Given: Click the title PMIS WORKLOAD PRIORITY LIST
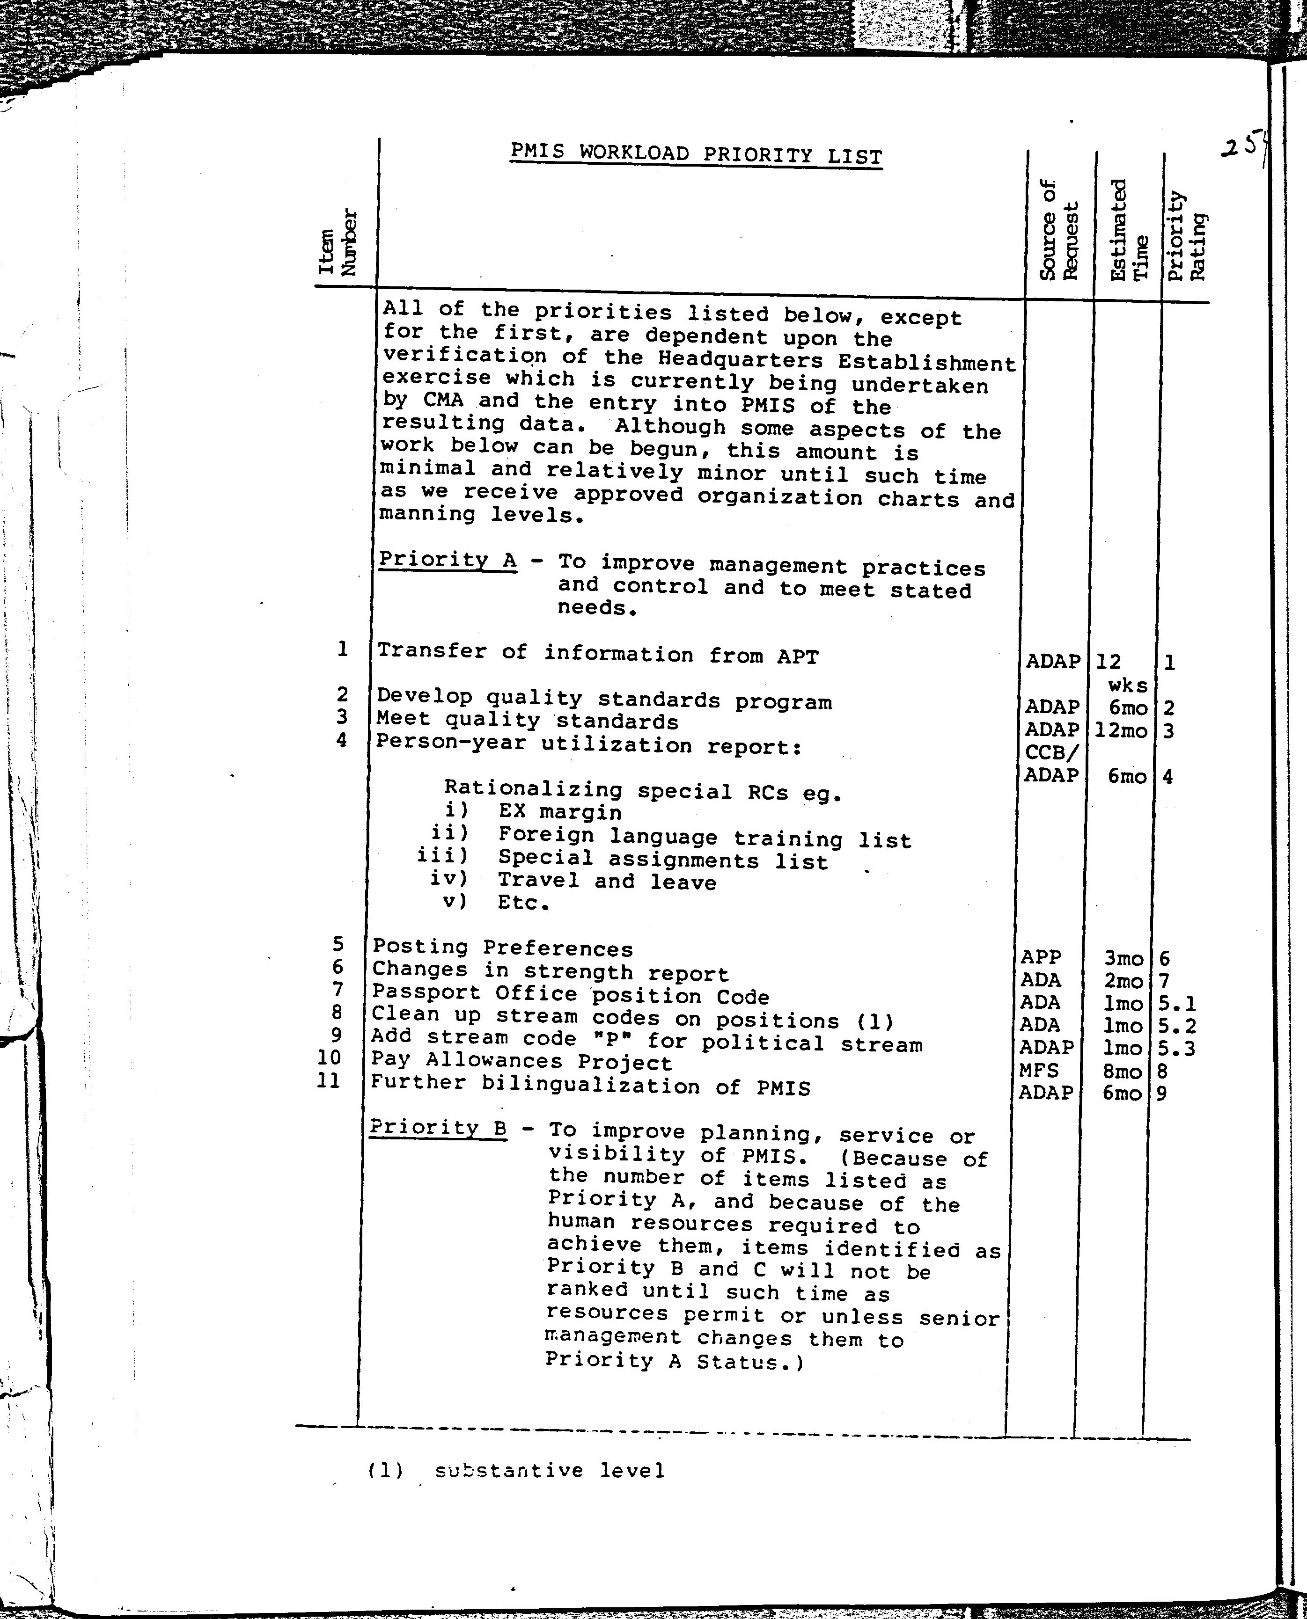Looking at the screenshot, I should pos(696,154).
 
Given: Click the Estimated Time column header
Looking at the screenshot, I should pos(1129,230).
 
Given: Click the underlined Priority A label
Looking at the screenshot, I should pos(448,560).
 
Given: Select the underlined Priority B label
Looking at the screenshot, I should pos(438,1128).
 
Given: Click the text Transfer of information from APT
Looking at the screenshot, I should pos(596,653).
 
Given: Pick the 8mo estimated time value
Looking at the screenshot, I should pos(1122,1070).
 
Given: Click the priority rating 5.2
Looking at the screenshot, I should pos(1177,1026).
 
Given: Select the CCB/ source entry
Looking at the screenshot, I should pos(1052,752).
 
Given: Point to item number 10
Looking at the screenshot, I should pos(329,1057).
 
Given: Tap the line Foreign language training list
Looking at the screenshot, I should pos(704,837).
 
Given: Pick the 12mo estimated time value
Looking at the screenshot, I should pos(1121,729).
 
